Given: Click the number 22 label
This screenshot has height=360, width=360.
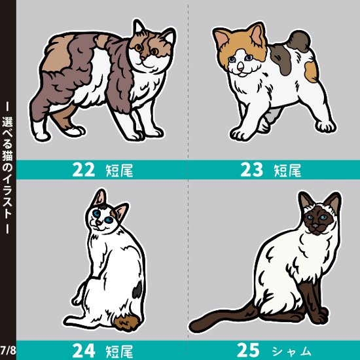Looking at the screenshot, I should (84, 171).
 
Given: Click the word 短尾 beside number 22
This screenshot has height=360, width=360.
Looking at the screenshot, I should (118, 172).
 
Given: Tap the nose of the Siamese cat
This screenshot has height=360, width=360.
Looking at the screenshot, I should (317, 226).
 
